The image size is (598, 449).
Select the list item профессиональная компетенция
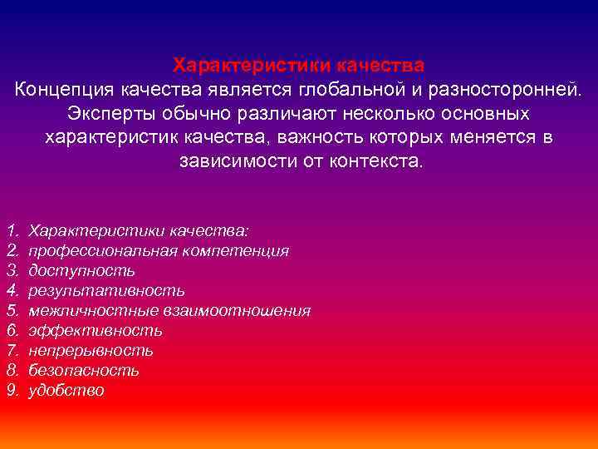[x=159, y=250]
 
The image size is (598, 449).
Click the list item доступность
[x=81, y=270]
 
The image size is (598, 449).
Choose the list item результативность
[x=106, y=290]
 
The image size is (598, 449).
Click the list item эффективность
[x=96, y=331]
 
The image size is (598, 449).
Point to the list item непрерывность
[x=91, y=351]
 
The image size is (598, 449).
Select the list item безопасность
[x=84, y=371]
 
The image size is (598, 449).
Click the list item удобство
[x=66, y=391]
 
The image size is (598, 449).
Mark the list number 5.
[x=12, y=311]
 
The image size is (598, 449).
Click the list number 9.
[x=12, y=391]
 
